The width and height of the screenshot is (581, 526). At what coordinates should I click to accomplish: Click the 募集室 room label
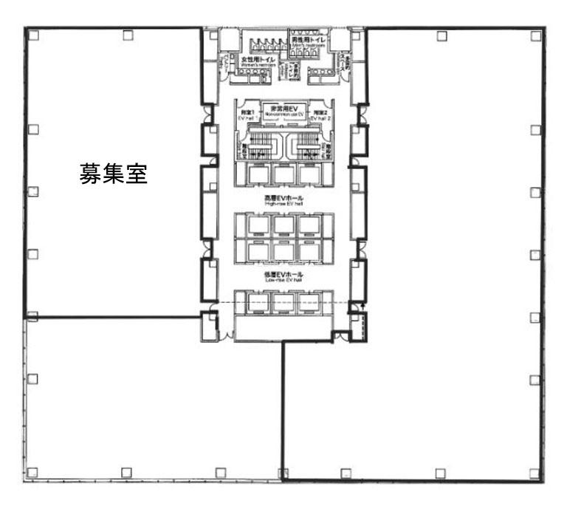tap(114, 174)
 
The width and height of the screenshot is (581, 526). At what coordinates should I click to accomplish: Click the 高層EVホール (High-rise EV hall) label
tap(283, 199)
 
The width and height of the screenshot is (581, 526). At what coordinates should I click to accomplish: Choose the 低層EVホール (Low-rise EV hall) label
tap(283, 276)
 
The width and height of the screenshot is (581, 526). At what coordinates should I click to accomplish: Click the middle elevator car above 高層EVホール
tap(283, 174)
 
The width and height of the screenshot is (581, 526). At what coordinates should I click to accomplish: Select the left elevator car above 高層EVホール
tap(258, 174)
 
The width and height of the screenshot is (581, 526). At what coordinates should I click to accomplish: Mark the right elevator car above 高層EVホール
tap(309, 174)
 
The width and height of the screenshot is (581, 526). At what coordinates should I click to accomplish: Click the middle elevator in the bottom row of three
tap(283, 304)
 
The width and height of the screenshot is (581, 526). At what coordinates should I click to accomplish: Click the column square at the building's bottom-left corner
tap(32, 471)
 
